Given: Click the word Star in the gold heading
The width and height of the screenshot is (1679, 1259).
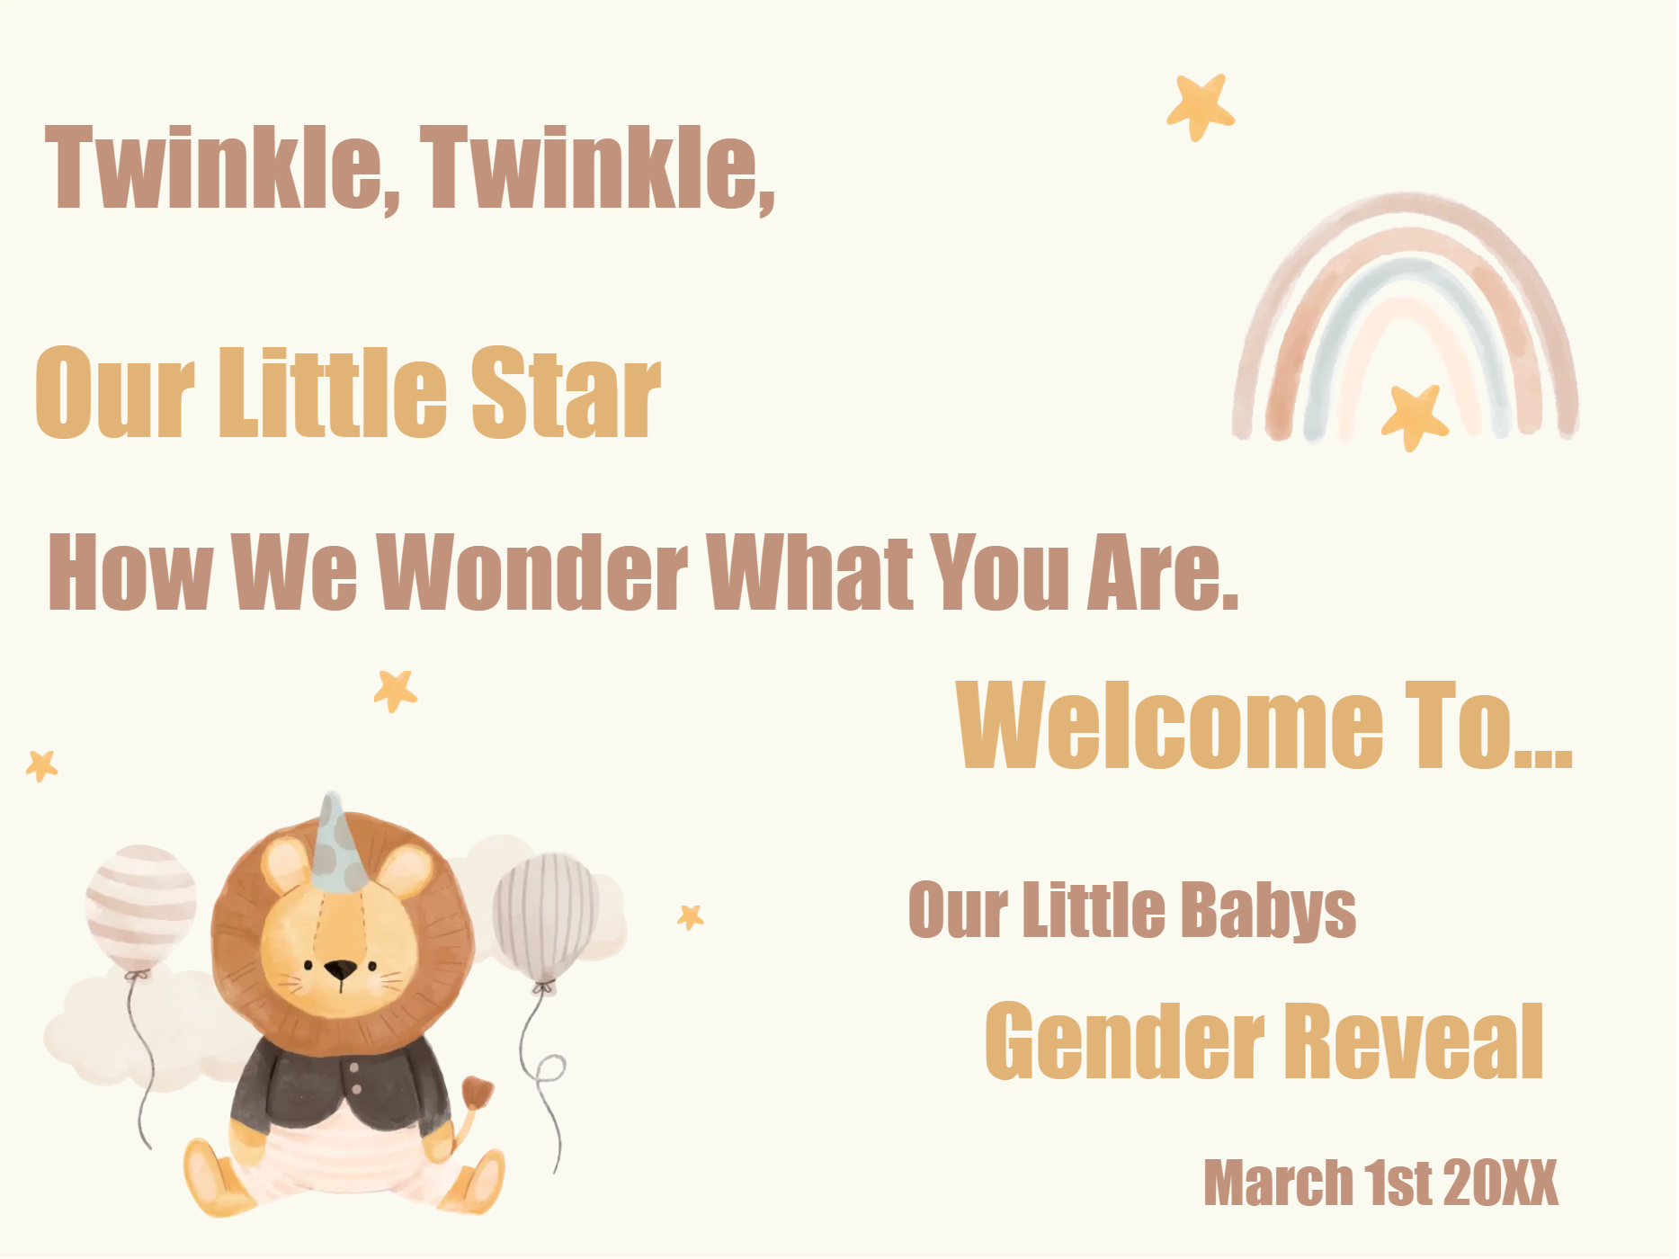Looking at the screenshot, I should click(566, 393).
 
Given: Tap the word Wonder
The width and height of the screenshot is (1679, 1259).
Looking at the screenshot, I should click(532, 571).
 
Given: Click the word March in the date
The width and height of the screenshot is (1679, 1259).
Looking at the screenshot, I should click(1278, 1183).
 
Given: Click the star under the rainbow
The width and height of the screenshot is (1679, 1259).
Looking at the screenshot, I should click(1415, 415).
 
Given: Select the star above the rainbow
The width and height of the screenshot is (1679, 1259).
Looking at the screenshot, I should click(1201, 106).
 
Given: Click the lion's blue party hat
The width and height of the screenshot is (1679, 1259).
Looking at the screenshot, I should click(336, 846).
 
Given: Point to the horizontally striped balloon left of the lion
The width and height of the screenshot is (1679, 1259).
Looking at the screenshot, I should click(141, 906).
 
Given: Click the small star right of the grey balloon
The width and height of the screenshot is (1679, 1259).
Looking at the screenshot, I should click(691, 916).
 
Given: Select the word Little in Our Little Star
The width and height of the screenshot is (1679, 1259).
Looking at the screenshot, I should click(333, 393).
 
